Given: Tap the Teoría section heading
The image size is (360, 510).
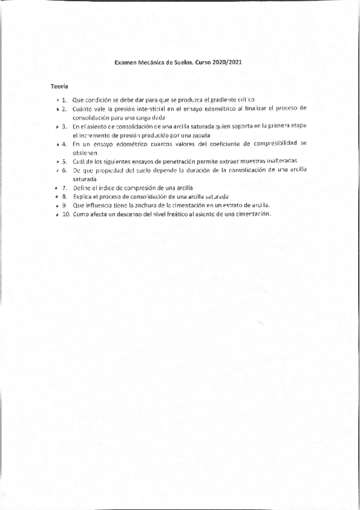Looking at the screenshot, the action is (x=59, y=87).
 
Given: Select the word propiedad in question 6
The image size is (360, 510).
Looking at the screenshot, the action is (x=112, y=171).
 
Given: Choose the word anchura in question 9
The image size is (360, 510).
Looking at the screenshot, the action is (x=136, y=206).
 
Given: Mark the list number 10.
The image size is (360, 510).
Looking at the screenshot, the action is (x=66, y=215).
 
